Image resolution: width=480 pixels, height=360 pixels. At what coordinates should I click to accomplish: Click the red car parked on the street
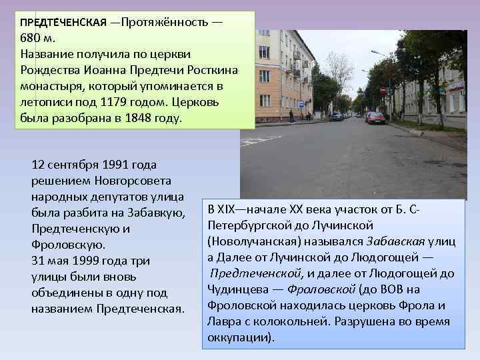375,118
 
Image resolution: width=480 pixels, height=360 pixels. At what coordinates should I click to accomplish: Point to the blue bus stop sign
301,105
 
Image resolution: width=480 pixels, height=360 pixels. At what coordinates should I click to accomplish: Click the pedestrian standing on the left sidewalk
291,115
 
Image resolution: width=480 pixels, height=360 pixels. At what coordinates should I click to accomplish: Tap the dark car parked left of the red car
336,116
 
